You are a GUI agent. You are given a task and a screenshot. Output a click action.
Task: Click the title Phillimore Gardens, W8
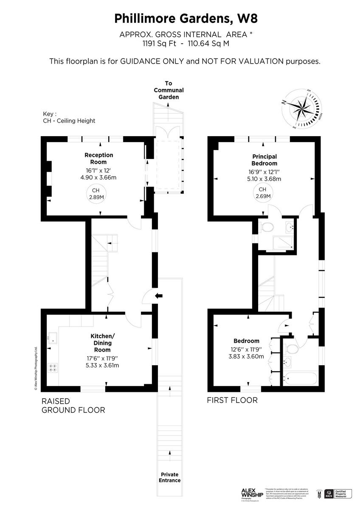pyautogui.click(x=180, y=19)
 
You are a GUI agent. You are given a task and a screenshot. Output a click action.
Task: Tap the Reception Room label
pyautogui.click(x=98, y=158)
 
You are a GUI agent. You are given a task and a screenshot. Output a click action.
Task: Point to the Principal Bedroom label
pyautogui.click(x=264, y=160)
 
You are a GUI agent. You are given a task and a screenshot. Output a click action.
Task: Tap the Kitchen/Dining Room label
pyautogui.click(x=102, y=343)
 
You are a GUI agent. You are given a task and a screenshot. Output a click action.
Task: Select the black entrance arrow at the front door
pyautogui.click(x=159, y=296)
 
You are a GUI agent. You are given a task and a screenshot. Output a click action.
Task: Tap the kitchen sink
pyautogui.click(x=53, y=338)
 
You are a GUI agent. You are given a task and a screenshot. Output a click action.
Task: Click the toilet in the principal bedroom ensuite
pyautogui.click(x=267, y=227)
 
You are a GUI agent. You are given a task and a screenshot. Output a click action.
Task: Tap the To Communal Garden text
pyautogui.click(x=169, y=90)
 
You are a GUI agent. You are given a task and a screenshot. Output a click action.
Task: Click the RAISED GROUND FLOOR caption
pyautogui.click(x=73, y=406)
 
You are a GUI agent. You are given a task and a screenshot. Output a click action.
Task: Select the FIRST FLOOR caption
pyautogui.click(x=232, y=400)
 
